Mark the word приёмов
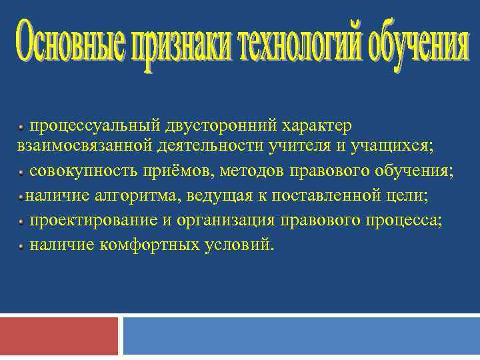(173, 171)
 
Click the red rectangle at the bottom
(59, 336)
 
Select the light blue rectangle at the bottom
(301, 336)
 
